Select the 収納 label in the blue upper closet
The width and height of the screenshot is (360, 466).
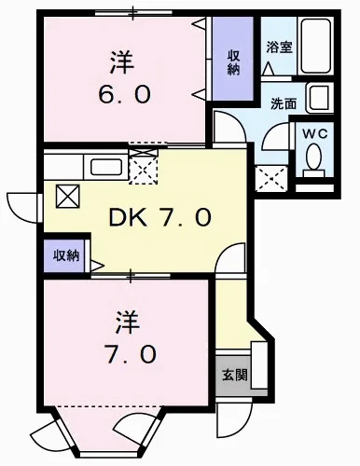click(x=234, y=62)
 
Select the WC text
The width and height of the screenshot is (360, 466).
click(x=315, y=133)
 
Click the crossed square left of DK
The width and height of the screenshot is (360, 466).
click(x=69, y=197)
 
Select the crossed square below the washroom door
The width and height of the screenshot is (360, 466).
click(x=269, y=176)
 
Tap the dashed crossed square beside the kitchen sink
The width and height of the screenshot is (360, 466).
click(x=144, y=169)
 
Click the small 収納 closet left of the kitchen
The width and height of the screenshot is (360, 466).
click(x=65, y=254)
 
